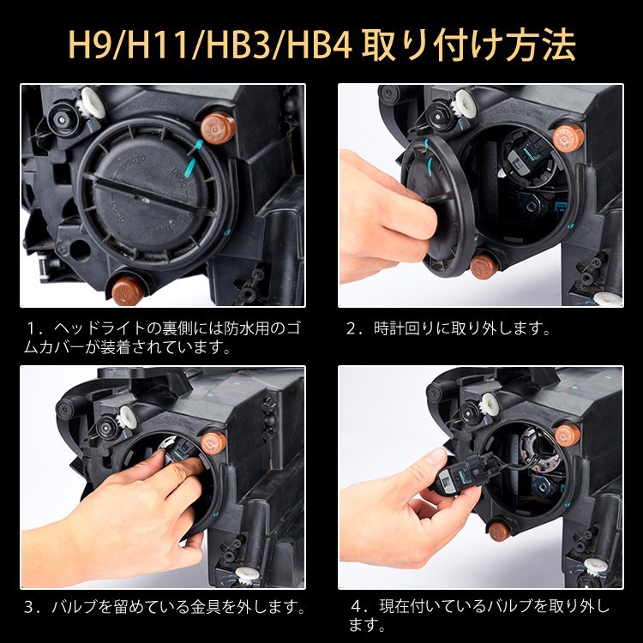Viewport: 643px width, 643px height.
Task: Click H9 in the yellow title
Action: pos(89,44)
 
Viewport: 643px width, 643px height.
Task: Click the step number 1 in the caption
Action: pos(30,329)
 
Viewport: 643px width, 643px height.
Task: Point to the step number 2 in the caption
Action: pos(352,329)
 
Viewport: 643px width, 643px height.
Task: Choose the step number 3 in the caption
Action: pos(30,606)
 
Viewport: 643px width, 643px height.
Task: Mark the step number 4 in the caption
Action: pos(357,606)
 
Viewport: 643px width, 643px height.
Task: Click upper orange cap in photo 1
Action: pos(218,128)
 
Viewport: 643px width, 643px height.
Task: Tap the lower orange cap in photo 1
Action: pos(128,291)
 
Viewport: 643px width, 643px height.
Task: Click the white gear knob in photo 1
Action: pos(92,102)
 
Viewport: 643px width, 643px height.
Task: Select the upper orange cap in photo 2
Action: pos(568,137)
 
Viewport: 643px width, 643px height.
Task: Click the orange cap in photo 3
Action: pos(213,442)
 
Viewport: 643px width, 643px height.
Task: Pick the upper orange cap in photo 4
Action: pos(568,436)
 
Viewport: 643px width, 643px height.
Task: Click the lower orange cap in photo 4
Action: pos(500,531)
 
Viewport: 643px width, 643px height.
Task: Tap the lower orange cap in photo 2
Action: pos(484,267)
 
